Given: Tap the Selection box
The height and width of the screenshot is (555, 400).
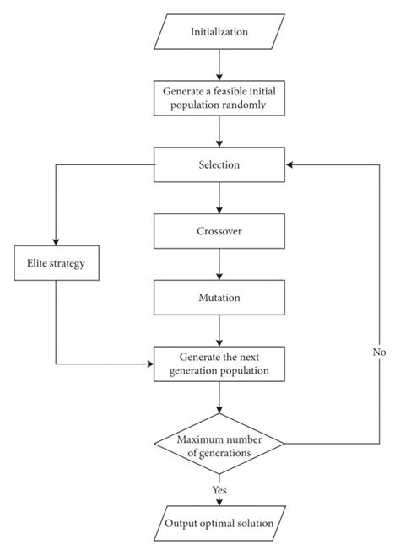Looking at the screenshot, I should (x=219, y=164).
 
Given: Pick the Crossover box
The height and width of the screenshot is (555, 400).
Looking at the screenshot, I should (x=219, y=230).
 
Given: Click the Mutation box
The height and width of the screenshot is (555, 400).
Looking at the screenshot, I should (x=219, y=297).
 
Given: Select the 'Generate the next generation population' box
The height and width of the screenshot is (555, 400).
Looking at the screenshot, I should (x=219, y=363).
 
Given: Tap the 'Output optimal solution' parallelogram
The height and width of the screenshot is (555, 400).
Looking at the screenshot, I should (x=219, y=523).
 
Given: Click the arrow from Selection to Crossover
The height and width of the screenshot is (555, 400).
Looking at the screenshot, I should (x=219, y=197).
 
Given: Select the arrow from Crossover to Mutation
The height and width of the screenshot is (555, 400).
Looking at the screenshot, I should (x=219, y=263).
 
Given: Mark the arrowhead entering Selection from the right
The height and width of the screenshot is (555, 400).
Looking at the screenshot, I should (x=289, y=164).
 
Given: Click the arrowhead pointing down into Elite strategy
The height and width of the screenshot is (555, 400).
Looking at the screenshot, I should (x=57, y=241).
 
